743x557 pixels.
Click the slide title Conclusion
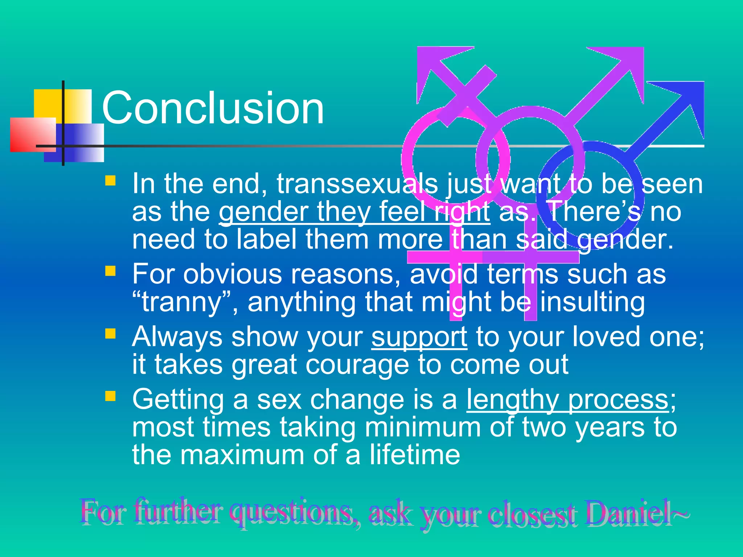click(x=213, y=108)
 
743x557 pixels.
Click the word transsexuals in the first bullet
click(x=357, y=184)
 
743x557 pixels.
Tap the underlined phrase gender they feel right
click(x=354, y=212)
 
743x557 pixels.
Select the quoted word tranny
click(x=181, y=302)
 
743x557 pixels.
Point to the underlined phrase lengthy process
click(x=567, y=400)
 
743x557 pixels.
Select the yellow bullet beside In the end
click(x=110, y=181)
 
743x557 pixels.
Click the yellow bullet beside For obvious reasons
click(x=110, y=271)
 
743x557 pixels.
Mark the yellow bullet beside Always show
click(x=110, y=333)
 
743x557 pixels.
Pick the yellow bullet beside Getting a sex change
click(x=110, y=396)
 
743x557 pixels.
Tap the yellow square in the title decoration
click(x=49, y=103)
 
